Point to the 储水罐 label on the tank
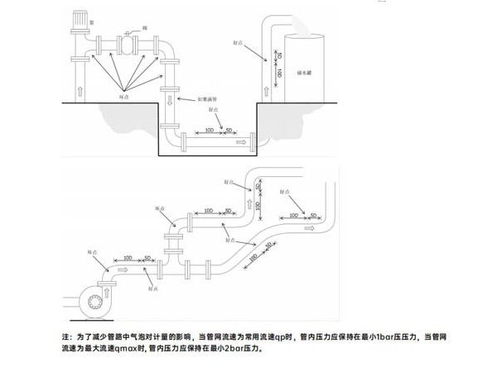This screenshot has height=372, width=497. coord(304,73)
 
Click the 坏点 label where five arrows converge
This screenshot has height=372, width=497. coord(123,96)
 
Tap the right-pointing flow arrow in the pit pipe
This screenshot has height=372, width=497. coord(241,142)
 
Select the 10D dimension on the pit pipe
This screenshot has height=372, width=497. coord(209,130)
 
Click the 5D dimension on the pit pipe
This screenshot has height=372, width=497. coord(229,130)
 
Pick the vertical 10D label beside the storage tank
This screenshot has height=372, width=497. coord(279,74)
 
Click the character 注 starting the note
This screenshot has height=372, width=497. coord(66,337)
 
